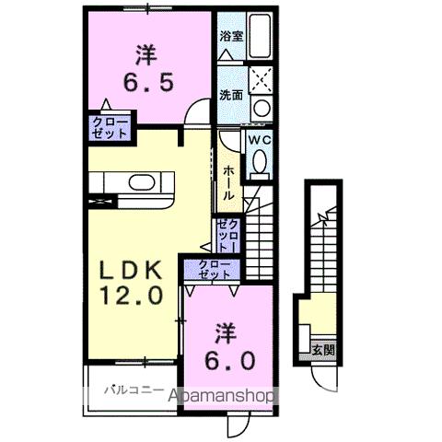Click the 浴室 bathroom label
coord(230,37)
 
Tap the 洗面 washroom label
coord(230,95)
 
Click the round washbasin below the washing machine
coord(262,107)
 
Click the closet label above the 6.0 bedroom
coord(215,269)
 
